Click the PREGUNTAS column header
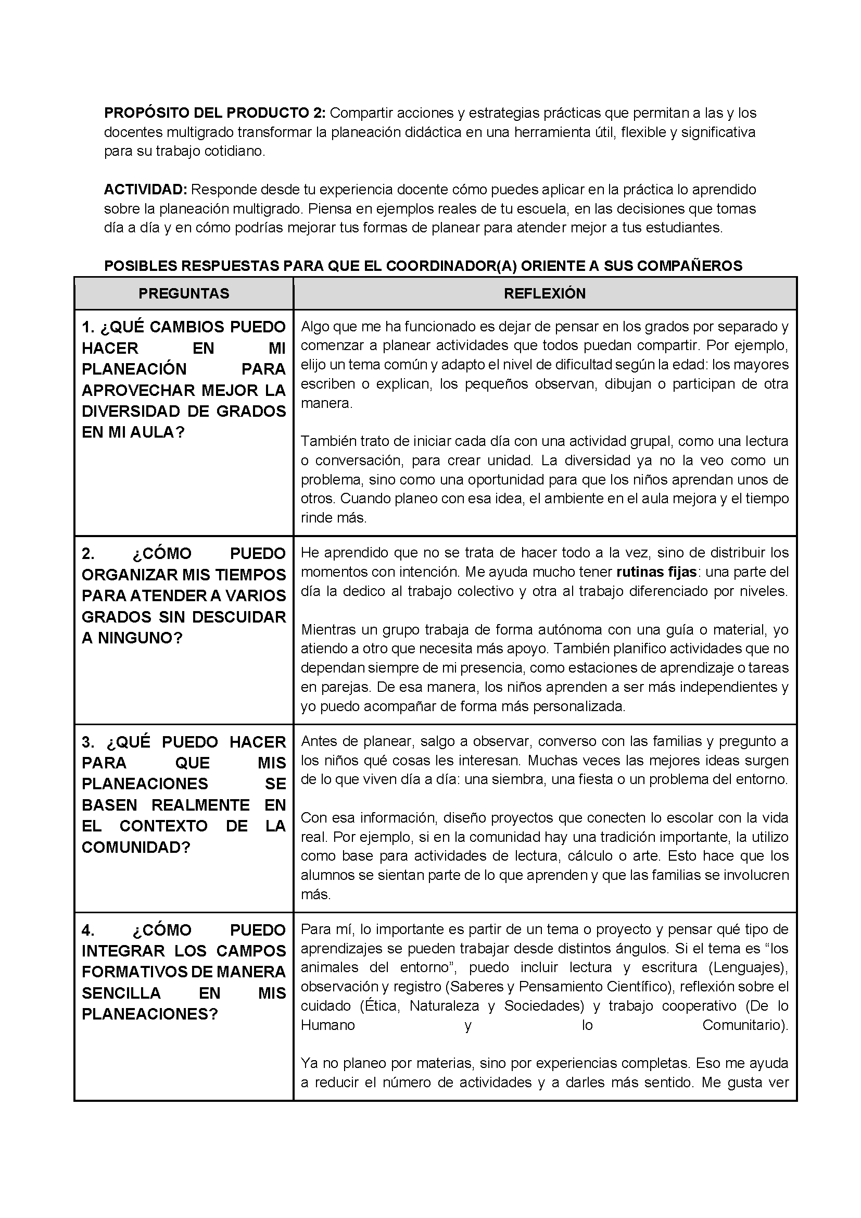tap(183, 293)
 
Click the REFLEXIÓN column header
tap(545, 293)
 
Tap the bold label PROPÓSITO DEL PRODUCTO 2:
tap(214, 113)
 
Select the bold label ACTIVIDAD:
tap(145, 190)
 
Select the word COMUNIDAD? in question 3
tap(136, 847)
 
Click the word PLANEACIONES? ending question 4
tap(149, 1014)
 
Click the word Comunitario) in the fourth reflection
tap(745, 1025)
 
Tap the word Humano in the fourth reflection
tap(327, 1025)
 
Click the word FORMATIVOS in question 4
tap(134, 972)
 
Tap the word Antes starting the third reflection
tap(319, 741)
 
